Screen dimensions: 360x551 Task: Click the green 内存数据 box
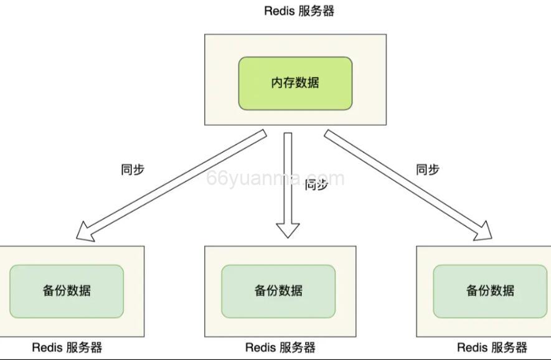[295, 83]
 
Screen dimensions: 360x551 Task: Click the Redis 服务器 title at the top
[299, 11]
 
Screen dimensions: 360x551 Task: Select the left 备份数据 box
[67, 291]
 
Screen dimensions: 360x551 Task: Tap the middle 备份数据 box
[278, 291]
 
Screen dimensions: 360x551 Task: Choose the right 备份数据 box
[490, 291]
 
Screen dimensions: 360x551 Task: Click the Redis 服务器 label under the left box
[67, 348]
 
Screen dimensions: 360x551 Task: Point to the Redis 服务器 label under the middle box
[280, 348]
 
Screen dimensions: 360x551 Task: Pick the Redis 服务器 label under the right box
[492, 348]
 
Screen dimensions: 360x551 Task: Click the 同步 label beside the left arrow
[132, 169]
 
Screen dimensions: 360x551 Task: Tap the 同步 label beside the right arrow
[428, 169]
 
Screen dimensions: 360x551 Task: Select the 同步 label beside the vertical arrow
[316, 184]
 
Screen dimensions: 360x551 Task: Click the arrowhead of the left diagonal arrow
[85, 232]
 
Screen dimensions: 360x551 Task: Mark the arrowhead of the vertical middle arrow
[288, 230]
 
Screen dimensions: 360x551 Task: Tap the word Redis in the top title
[279, 11]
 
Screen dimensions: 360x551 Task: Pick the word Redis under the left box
[47, 348]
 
